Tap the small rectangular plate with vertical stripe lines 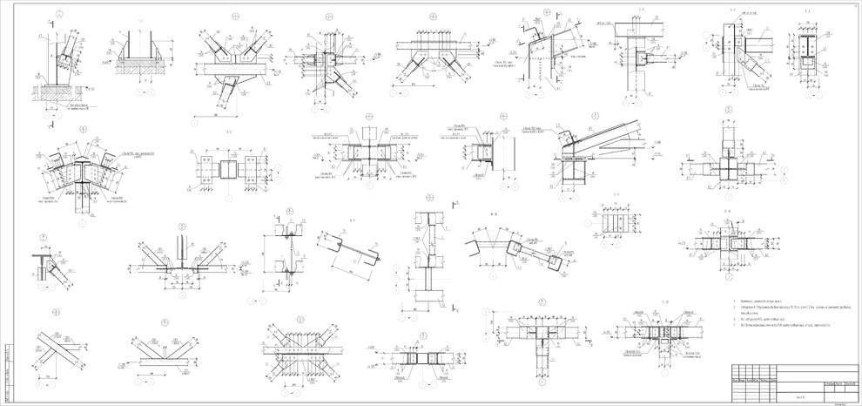pos(615,222)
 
